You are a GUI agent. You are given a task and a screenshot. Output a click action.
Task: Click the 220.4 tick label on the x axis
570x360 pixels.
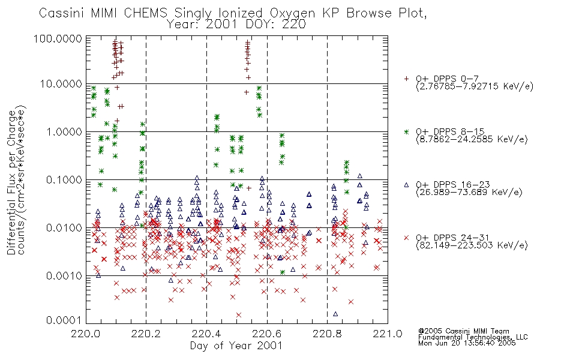tap(206, 334)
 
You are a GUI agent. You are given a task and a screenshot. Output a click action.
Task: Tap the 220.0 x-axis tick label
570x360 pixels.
tap(86, 334)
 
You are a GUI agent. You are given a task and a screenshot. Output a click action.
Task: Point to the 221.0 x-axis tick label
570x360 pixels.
tap(388, 334)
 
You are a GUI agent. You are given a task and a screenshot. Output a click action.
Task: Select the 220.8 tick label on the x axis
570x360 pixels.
tap(327, 334)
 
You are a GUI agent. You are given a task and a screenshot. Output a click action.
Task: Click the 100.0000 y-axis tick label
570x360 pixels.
tap(58, 39)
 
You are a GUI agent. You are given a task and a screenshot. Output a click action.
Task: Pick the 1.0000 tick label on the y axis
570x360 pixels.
tap(64, 131)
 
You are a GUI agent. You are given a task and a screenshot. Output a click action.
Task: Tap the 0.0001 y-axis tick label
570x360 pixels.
tap(64, 320)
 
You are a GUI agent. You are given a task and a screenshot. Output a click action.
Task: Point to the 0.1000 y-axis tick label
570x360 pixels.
tap(64, 179)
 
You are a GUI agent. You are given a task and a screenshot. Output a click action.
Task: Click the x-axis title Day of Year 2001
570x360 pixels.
tap(236, 346)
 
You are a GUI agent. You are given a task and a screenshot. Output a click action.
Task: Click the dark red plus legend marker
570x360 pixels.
tap(406, 79)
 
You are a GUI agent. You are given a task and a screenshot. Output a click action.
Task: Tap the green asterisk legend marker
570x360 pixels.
tap(406, 131)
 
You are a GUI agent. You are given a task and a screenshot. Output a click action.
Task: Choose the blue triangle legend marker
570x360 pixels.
tap(406, 185)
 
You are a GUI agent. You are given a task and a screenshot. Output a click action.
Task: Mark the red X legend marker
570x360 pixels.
tap(406, 238)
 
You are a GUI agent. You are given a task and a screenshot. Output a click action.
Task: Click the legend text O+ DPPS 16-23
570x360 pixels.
tap(453, 184)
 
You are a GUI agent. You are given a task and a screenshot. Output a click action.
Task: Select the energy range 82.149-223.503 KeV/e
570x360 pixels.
tap(472, 245)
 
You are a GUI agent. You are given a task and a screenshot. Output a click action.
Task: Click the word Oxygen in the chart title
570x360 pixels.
tap(293, 13)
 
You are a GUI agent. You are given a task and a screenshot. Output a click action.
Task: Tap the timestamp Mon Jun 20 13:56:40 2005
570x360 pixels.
tap(467, 343)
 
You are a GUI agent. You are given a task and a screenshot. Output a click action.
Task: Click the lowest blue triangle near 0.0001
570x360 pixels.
tap(335, 314)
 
